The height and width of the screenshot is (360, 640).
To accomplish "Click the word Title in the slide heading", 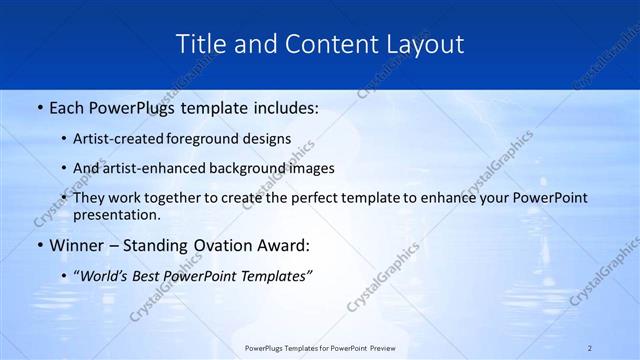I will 200,45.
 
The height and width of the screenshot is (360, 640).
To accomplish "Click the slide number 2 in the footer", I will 590,348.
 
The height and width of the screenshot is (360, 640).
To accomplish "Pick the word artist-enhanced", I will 160,168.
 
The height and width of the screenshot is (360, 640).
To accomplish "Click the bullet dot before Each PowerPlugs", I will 39,105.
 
